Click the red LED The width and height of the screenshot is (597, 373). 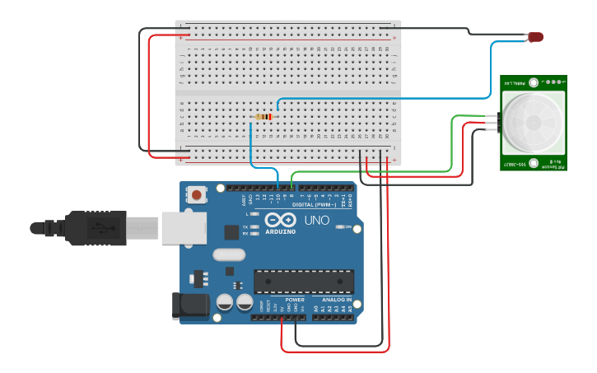pos(536,37)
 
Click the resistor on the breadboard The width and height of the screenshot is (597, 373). pos(264,117)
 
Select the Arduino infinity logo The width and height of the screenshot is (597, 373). pos(280,221)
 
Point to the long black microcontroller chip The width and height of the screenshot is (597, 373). pos(303,282)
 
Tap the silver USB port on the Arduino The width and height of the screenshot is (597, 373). pos(183,228)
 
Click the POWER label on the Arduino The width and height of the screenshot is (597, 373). pos(294,300)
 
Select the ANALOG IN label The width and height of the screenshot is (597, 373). pos(338,300)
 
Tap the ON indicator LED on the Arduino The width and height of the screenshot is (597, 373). pos(338,226)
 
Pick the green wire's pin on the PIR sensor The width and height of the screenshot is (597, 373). pos(492,117)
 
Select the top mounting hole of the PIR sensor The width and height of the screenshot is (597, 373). pos(534,82)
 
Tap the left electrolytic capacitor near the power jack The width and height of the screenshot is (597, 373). pos(224,303)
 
